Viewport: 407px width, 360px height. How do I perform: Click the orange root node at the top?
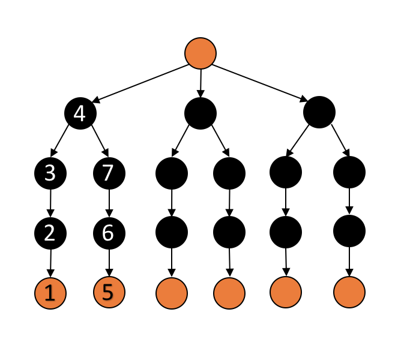click(x=200, y=53)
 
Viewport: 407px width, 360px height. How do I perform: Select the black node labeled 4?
click(x=80, y=113)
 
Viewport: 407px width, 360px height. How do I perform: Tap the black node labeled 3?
click(x=50, y=173)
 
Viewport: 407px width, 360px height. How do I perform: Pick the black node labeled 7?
click(x=109, y=173)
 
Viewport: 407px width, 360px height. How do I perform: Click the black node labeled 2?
click(x=50, y=232)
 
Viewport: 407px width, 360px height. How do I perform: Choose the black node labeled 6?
click(x=109, y=232)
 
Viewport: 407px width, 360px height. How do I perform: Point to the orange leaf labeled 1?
click(x=50, y=293)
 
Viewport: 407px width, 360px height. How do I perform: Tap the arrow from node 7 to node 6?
click(x=109, y=203)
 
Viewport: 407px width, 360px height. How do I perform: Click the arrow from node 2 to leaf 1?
click(x=50, y=263)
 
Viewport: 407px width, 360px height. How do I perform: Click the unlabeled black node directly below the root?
click(x=200, y=113)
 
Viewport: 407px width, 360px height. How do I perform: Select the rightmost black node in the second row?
click(x=319, y=112)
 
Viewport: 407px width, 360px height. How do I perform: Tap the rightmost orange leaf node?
click(x=349, y=293)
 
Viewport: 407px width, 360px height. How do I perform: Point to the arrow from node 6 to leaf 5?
click(x=109, y=262)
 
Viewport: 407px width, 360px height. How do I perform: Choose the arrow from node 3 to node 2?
click(x=50, y=203)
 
